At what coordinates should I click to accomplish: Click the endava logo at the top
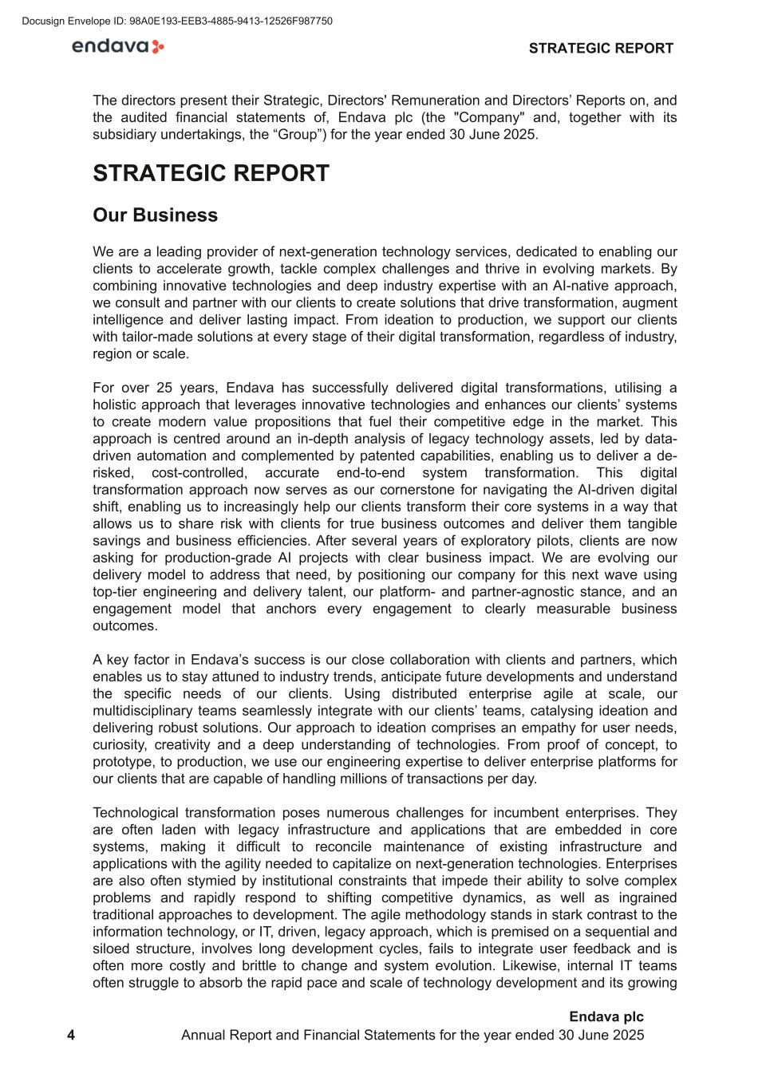[x=117, y=47]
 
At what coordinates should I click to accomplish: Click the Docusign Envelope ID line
[x=177, y=22]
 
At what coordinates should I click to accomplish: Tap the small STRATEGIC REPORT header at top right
[x=601, y=49]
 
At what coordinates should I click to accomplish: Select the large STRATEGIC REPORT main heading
[x=211, y=174]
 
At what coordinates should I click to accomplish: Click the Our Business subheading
[x=155, y=215]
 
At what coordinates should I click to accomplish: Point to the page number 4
[x=71, y=1036]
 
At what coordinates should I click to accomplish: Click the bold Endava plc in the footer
[x=606, y=1017]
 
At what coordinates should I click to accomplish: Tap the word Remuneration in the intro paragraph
[x=436, y=101]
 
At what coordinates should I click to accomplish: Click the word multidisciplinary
[x=149, y=711]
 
